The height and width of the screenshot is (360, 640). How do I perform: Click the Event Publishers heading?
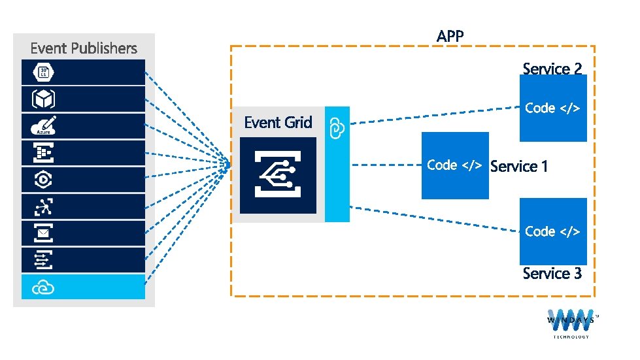point(84,48)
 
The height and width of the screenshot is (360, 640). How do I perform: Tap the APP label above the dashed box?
point(450,37)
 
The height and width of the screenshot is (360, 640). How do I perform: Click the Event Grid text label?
point(278,122)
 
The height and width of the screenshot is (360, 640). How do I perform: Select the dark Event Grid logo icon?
point(278,175)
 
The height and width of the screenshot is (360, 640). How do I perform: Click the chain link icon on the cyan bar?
point(337,129)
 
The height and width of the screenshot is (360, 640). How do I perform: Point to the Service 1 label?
point(519,167)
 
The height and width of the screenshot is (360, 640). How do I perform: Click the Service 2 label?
point(552,69)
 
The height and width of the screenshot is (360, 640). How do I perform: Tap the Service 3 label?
point(552,273)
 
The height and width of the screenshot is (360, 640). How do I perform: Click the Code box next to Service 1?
point(455,165)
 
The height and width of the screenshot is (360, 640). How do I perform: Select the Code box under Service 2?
point(553,108)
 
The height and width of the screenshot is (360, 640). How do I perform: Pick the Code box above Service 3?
point(553,231)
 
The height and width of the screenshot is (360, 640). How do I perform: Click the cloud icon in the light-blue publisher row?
point(43,288)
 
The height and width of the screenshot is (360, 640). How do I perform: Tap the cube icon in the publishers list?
point(43,99)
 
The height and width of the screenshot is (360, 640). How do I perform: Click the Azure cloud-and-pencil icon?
point(43,125)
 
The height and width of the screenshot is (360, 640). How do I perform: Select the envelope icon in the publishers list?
point(43,233)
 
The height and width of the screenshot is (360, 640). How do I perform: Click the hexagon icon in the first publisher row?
point(43,72)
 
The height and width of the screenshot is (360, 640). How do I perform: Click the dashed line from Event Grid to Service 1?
point(386,165)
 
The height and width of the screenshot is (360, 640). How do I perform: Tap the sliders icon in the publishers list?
point(43,259)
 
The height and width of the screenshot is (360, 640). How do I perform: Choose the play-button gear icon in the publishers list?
point(43,180)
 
